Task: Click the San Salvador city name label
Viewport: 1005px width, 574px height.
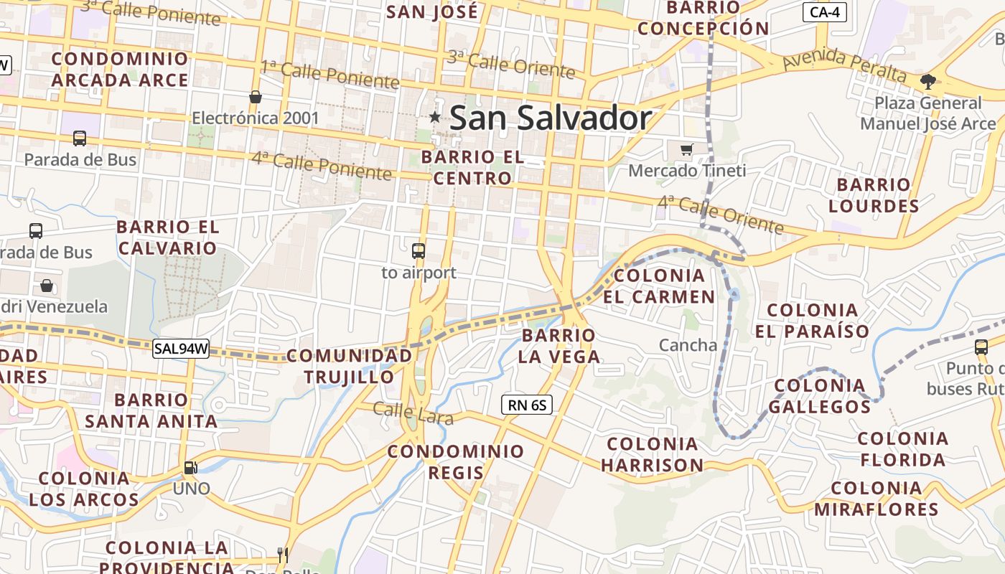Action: pyautogui.click(x=551, y=118)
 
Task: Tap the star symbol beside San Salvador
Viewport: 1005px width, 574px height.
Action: pyautogui.click(x=435, y=117)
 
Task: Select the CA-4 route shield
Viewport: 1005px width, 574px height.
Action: pyautogui.click(x=824, y=11)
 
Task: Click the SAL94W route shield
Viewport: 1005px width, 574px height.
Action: pyautogui.click(x=181, y=349)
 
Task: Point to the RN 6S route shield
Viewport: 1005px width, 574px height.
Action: pyautogui.click(x=527, y=405)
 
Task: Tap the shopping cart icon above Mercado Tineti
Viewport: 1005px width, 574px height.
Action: pyautogui.click(x=687, y=149)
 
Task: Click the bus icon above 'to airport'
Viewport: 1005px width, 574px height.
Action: pyautogui.click(x=419, y=251)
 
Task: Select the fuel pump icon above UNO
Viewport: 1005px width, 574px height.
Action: pyautogui.click(x=191, y=467)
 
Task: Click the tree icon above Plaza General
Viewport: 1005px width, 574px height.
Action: pyautogui.click(x=928, y=81)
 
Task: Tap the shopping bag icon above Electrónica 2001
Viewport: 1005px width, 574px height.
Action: pyautogui.click(x=255, y=97)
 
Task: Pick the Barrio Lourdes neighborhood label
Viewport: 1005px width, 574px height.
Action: pyautogui.click(x=874, y=196)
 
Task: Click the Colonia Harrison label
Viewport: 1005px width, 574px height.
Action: pyautogui.click(x=652, y=455)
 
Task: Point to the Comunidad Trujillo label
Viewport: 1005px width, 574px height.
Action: pyautogui.click(x=350, y=366)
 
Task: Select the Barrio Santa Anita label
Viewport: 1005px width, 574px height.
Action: pyautogui.click(x=151, y=410)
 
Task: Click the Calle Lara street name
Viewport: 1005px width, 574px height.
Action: pyautogui.click(x=413, y=413)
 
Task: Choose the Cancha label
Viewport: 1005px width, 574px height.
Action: pyautogui.click(x=688, y=345)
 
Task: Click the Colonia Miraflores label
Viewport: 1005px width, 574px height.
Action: pyautogui.click(x=876, y=499)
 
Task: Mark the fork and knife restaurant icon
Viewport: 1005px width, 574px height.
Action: pyautogui.click(x=283, y=555)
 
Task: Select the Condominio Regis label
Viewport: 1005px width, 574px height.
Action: pyautogui.click(x=457, y=462)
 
